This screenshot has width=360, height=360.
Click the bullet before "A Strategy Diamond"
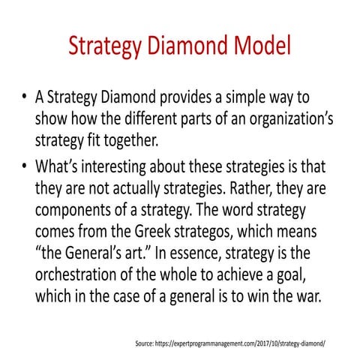click(x=25, y=99)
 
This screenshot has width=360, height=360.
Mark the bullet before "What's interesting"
click(x=25, y=166)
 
